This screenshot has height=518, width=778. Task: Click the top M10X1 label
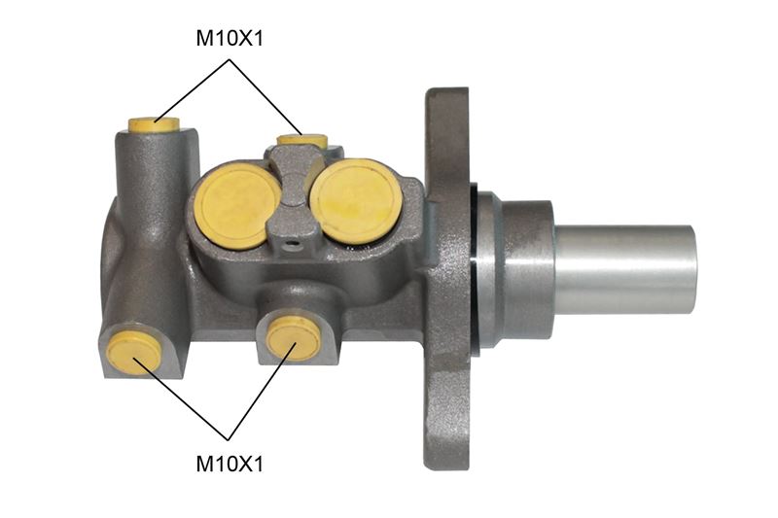[x=230, y=38]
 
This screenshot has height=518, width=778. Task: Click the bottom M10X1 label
[x=230, y=464]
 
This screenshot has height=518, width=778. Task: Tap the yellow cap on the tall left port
[x=154, y=125]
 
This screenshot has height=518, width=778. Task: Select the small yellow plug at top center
[x=301, y=140]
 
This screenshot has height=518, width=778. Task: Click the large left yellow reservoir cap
[x=237, y=206]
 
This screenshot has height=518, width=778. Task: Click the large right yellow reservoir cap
[x=356, y=200]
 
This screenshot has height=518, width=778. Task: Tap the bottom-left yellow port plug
[x=135, y=353]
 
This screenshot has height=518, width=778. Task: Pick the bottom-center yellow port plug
[x=294, y=337]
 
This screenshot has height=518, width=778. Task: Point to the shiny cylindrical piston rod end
[x=625, y=269]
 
